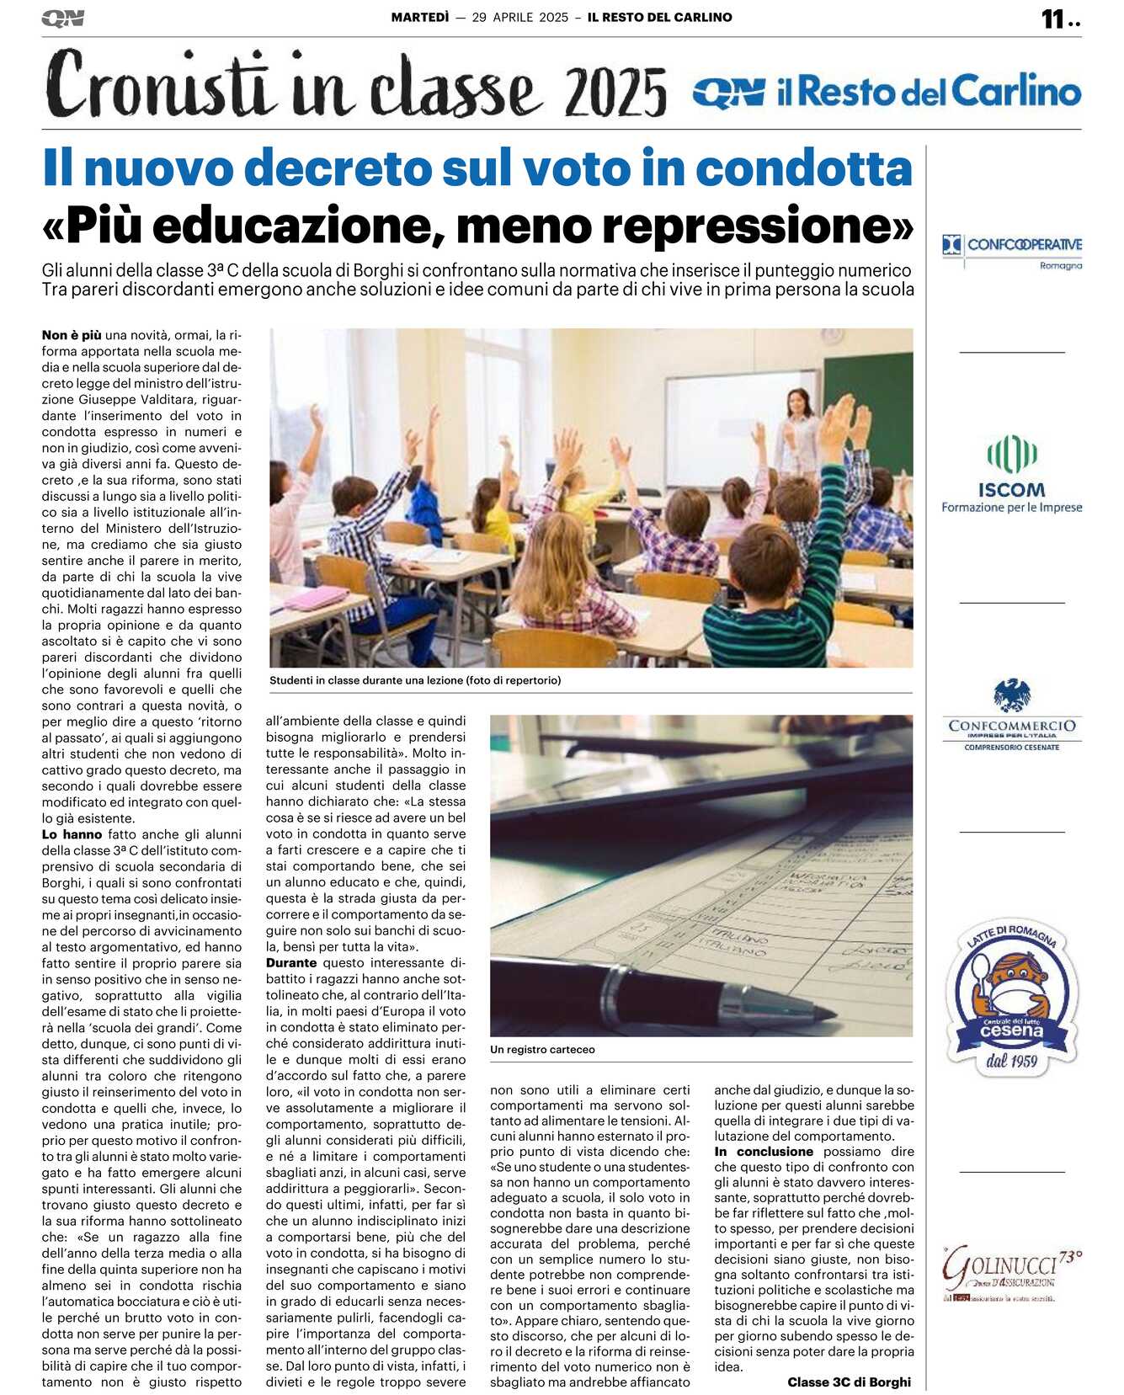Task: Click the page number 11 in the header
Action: pyautogui.click(x=1053, y=19)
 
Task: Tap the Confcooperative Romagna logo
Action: pyautogui.click(x=1011, y=249)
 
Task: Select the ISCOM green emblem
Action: pyautogui.click(x=1011, y=455)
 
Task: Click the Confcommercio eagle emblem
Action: pyautogui.click(x=1011, y=695)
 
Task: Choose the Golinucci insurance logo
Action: pyautogui.click(x=1011, y=1272)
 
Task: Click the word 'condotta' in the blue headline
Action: pyautogui.click(x=803, y=168)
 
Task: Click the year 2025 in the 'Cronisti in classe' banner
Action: pyautogui.click(x=616, y=93)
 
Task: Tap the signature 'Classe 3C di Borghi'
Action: pyautogui.click(x=849, y=1382)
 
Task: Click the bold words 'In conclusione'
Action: pyautogui.click(x=764, y=1152)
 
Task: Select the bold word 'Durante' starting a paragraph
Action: pyautogui.click(x=291, y=962)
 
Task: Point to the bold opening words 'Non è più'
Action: pyautogui.click(x=72, y=335)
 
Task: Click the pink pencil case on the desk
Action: pyautogui.click(x=316, y=599)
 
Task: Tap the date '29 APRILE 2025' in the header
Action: pyautogui.click(x=519, y=17)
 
